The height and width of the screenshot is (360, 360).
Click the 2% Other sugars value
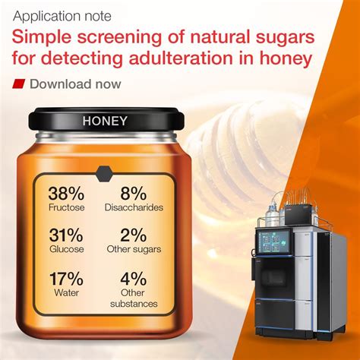134,237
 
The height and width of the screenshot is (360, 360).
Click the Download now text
74,84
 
